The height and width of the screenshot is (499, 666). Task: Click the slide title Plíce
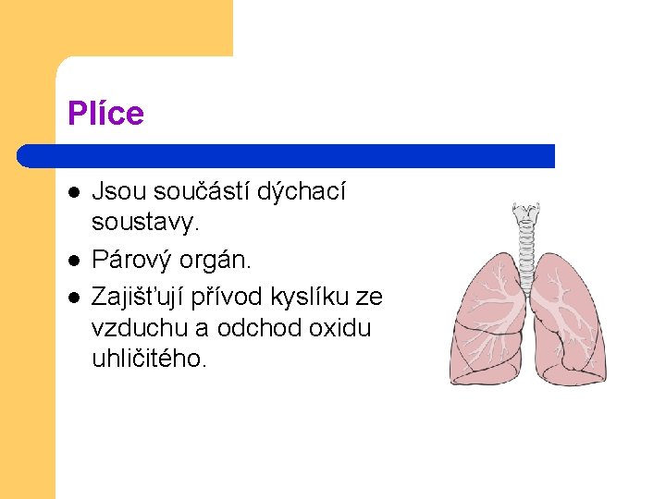click(105, 114)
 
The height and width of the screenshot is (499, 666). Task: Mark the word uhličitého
click(148, 359)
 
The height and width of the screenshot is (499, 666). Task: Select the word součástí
click(192, 191)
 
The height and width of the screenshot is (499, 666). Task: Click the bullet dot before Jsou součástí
click(73, 192)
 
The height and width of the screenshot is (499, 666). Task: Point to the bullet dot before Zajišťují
click(73, 297)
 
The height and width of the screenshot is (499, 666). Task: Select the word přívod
click(233, 297)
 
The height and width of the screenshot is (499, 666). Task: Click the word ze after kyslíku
click(369, 297)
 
